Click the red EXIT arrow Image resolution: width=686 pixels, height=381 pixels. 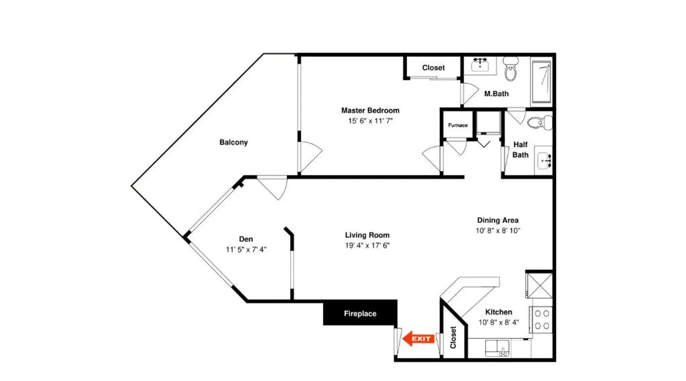coord(418,338)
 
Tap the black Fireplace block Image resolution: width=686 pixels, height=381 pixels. coord(360,313)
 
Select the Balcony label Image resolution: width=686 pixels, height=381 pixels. coord(234,142)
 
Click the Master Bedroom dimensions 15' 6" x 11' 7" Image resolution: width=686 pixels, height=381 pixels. coord(370,121)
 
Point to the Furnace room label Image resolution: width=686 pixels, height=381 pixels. coord(458,125)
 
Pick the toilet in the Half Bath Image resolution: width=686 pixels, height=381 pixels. coord(539,122)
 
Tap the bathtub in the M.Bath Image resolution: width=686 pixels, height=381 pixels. coord(541,82)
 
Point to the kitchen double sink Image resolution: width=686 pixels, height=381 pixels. coord(497,348)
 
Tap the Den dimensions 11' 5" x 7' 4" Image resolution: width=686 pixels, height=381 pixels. coord(246,250)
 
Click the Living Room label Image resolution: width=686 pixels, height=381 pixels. coord(367,235)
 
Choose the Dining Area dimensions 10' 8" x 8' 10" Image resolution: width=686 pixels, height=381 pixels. coord(498,231)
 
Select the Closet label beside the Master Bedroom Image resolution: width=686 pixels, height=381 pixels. coord(433,67)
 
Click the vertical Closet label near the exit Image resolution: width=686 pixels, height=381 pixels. coord(453,337)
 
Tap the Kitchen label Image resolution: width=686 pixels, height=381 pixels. coord(498,312)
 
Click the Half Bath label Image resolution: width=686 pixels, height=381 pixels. coord(520,150)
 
